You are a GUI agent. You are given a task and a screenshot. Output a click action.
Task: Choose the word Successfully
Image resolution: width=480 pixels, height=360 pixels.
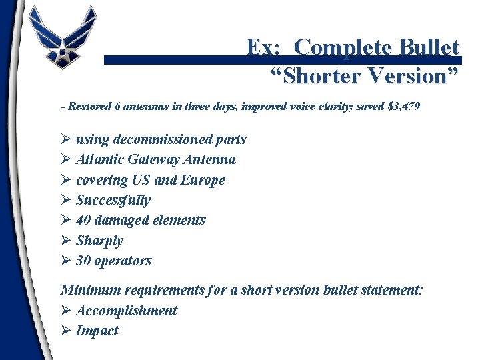[113, 200]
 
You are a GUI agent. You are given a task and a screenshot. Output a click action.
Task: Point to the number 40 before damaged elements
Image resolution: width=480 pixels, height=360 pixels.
[84, 220]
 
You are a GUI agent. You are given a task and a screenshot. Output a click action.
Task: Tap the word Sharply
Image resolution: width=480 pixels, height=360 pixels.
[99, 241]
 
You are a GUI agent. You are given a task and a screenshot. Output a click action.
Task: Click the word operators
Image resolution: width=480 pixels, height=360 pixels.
[123, 261]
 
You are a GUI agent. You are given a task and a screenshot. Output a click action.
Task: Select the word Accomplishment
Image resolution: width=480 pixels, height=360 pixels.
[127, 311]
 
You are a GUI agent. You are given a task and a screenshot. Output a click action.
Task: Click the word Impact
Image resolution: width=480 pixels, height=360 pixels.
[97, 331]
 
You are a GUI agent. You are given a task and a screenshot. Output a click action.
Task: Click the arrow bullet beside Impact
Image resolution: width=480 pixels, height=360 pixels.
[65, 331]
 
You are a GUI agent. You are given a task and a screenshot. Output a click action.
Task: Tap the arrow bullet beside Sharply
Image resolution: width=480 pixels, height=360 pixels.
[65, 241]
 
